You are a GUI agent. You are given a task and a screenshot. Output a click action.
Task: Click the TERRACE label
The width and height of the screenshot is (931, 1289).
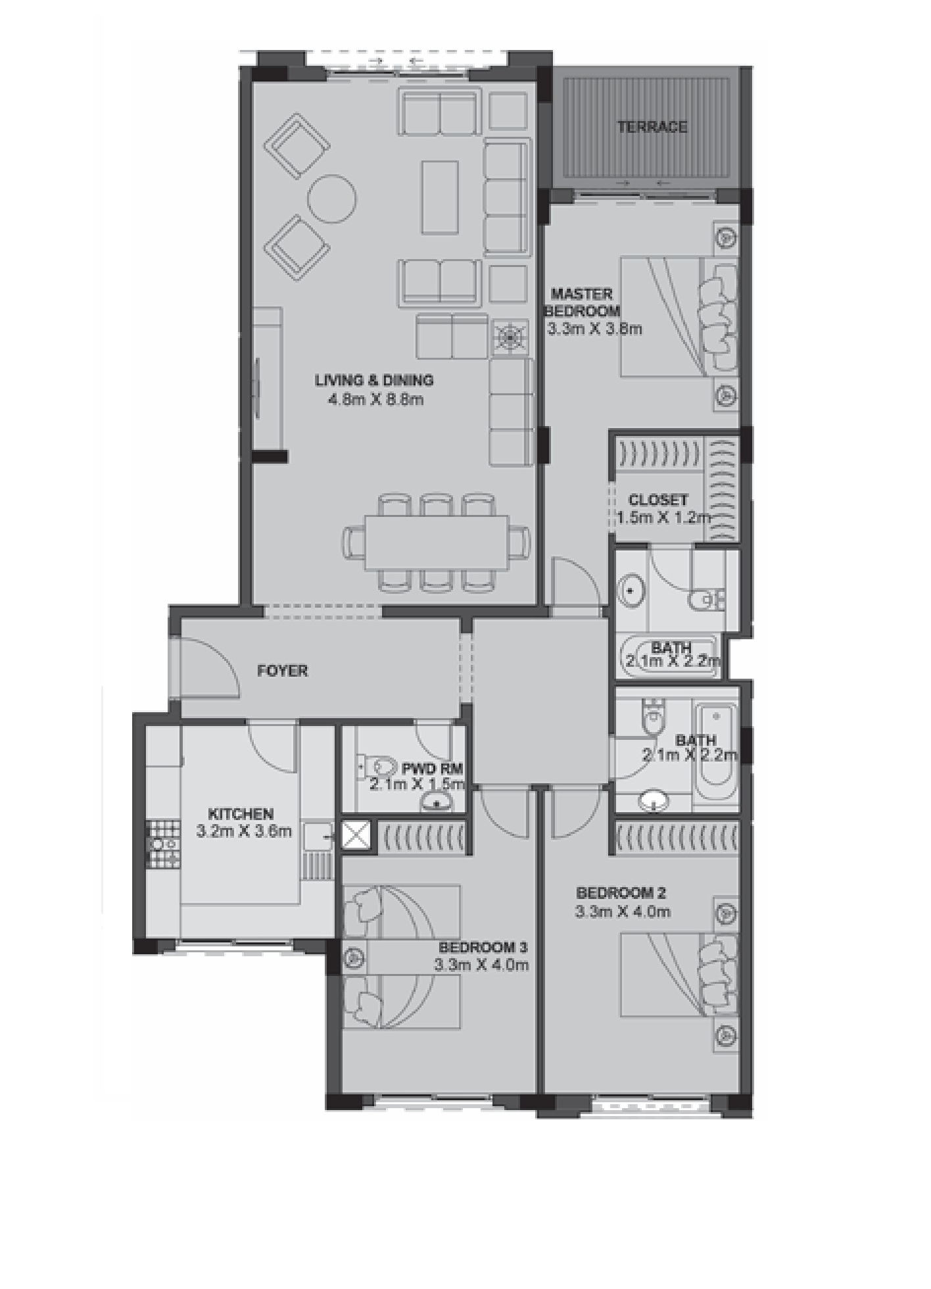[x=652, y=126]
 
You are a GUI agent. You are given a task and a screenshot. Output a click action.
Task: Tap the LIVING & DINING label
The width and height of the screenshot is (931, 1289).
[x=374, y=380]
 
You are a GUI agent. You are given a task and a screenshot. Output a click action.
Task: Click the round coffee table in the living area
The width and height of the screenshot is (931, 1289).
[x=332, y=199]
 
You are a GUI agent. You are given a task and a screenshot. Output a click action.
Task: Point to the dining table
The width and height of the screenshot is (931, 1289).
[x=437, y=543]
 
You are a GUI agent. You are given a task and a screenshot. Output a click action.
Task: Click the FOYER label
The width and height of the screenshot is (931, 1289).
[x=282, y=671]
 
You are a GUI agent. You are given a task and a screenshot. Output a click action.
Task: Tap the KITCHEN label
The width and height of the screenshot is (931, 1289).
[x=241, y=814]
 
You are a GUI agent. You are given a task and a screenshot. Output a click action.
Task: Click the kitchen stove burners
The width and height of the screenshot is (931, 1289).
[x=162, y=843]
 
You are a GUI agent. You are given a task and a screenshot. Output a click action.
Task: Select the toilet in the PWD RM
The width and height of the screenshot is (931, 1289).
[x=379, y=766]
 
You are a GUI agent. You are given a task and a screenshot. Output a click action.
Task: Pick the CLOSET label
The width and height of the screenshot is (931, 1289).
[x=657, y=500]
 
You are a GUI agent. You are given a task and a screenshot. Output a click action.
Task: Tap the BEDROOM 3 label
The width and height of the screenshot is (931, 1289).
[x=483, y=948]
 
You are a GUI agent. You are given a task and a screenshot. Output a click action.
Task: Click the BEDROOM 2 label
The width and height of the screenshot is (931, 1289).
[x=621, y=893]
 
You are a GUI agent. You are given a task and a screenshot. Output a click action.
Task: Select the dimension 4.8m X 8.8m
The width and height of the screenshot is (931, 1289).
[x=375, y=399]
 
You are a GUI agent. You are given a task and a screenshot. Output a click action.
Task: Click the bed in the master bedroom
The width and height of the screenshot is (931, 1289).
[x=677, y=317]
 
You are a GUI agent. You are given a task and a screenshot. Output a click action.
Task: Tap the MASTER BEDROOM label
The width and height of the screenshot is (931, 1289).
[x=582, y=302]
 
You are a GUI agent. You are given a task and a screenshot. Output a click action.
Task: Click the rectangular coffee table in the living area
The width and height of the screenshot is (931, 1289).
[x=440, y=197]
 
